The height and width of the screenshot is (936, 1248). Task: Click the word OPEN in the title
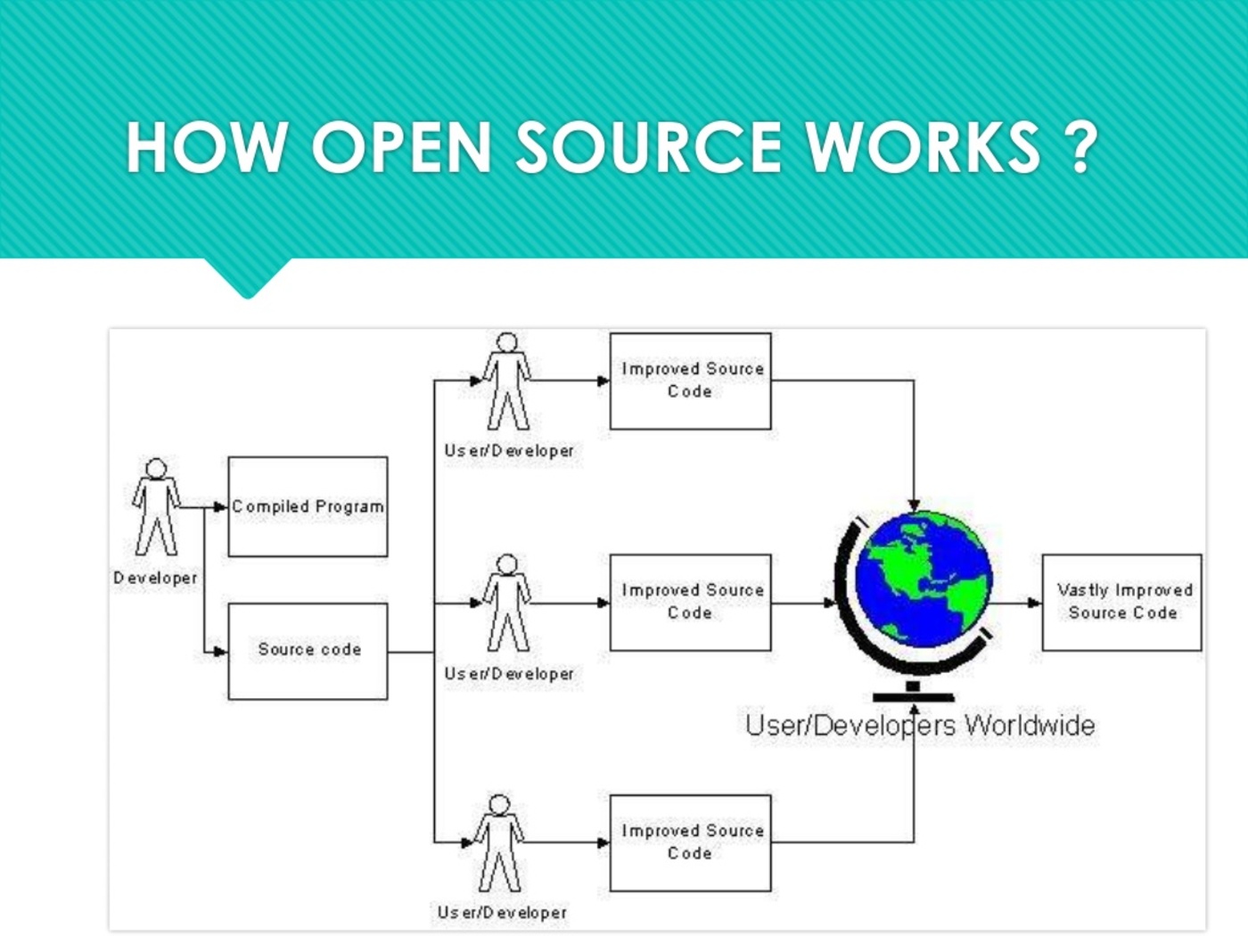401,147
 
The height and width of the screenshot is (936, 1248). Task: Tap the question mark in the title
1080,147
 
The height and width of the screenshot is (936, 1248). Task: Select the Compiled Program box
308,506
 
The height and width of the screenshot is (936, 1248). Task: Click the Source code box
308,651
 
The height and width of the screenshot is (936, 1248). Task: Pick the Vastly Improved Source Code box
1121,602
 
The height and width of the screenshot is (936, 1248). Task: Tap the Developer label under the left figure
155,578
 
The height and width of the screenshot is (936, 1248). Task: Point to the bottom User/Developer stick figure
499,842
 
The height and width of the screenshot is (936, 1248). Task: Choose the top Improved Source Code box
690,381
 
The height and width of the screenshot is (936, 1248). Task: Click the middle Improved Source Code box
690,602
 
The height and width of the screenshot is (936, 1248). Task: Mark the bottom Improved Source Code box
690,842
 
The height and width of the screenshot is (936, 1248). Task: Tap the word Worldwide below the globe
1030,725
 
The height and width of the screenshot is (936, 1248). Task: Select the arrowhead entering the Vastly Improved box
1034,603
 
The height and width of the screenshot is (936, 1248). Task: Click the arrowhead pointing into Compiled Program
220,507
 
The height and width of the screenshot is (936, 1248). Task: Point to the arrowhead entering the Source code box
220,652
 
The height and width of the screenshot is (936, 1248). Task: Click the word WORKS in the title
923,147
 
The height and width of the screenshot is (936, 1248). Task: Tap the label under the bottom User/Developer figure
502,912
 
